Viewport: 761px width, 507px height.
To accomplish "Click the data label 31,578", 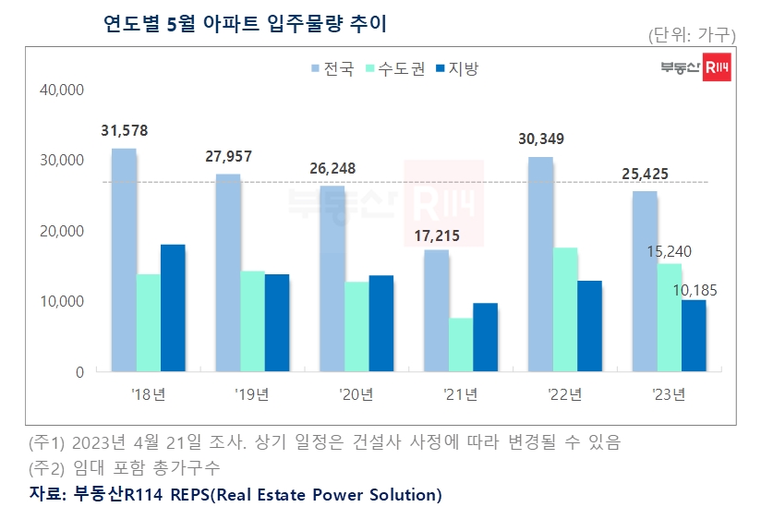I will (x=124, y=130).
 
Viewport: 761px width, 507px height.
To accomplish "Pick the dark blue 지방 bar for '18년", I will (x=173, y=308).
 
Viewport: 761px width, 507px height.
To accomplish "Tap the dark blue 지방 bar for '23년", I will (x=694, y=335).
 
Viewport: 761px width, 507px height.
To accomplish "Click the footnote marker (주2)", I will (x=48, y=467).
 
